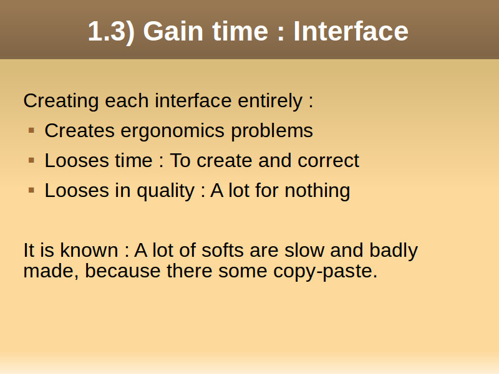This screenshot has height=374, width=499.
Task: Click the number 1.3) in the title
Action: pyautogui.click(x=112, y=32)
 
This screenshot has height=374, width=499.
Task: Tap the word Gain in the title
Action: pyautogui.click(x=173, y=31)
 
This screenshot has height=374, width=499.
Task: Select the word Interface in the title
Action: pyautogui.click(x=351, y=31)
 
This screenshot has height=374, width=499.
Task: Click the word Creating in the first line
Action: pyautogui.click(x=61, y=102)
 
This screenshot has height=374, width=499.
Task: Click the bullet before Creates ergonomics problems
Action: pyautogui.click(x=31, y=130)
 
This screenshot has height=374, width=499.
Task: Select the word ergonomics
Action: pyautogui.click(x=172, y=132)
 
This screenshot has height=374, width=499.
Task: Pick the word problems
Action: pyautogui.click(x=272, y=132)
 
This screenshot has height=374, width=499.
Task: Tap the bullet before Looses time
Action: pyautogui.click(x=31, y=160)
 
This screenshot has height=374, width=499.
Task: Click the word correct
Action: pyautogui.click(x=329, y=161)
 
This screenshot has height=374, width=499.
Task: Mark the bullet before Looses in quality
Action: pyautogui.click(x=31, y=190)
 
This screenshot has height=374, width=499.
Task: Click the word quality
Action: pyautogui.click(x=165, y=191)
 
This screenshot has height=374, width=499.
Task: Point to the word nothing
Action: pyautogui.click(x=317, y=191)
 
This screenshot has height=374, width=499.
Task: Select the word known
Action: pyautogui.click(x=89, y=250)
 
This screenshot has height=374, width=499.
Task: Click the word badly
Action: pyautogui.click(x=394, y=251)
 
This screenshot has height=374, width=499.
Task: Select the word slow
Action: pyautogui.click(x=304, y=250)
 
